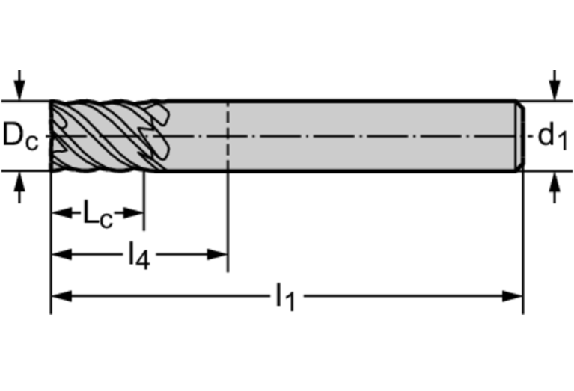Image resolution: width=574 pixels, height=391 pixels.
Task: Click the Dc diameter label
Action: point(20,136)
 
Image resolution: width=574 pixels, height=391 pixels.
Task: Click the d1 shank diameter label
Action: point(552,137)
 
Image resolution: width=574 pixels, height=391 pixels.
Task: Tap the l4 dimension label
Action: point(138,256)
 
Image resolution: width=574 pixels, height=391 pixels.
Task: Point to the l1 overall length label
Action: point(286,297)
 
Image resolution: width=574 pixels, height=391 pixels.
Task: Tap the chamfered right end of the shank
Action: point(518,136)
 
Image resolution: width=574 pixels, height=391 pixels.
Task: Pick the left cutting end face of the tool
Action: point(52,136)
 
